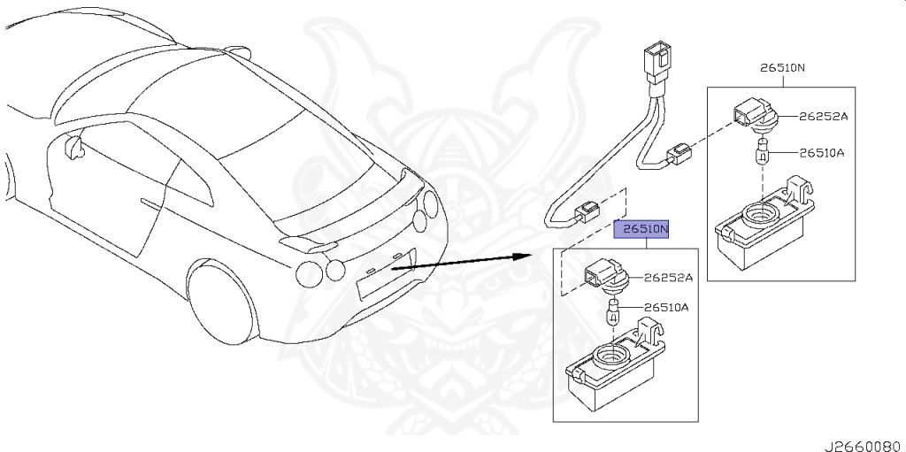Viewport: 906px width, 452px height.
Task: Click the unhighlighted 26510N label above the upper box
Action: [782, 68]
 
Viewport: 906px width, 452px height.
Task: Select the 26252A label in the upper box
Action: [823, 116]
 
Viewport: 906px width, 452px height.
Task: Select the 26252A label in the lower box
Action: [668, 277]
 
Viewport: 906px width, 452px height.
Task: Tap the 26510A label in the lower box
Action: [666, 308]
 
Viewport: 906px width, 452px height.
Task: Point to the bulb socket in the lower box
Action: [603, 280]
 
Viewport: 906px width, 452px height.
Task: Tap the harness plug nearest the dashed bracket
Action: [586, 211]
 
